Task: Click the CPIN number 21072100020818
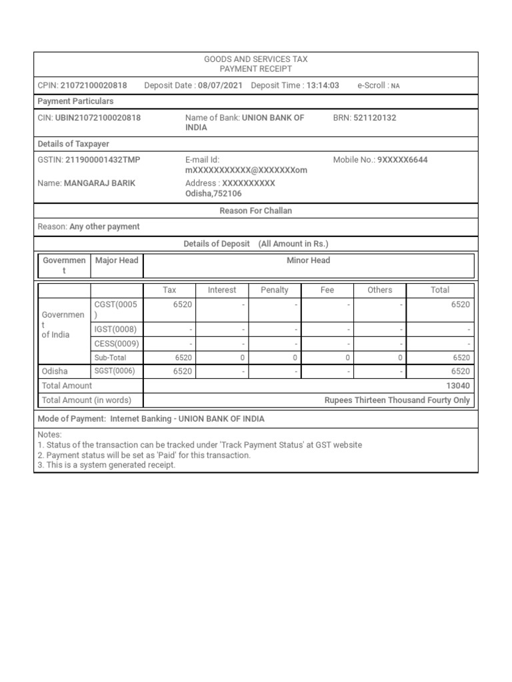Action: (x=93, y=85)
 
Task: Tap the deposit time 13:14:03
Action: (x=323, y=85)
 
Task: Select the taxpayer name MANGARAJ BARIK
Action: (x=99, y=183)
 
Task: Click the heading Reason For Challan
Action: (x=256, y=210)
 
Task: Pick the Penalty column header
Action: (x=275, y=290)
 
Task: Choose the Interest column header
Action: (x=222, y=290)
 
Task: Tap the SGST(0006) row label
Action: (x=115, y=372)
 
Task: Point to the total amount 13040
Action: (x=458, y=386)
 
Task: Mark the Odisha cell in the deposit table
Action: (x=55, y=372)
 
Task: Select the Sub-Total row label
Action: (x=111, y=358)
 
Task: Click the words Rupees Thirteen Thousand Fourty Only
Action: (x=397, y=400)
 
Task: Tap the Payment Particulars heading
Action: (x=75, y=101)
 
